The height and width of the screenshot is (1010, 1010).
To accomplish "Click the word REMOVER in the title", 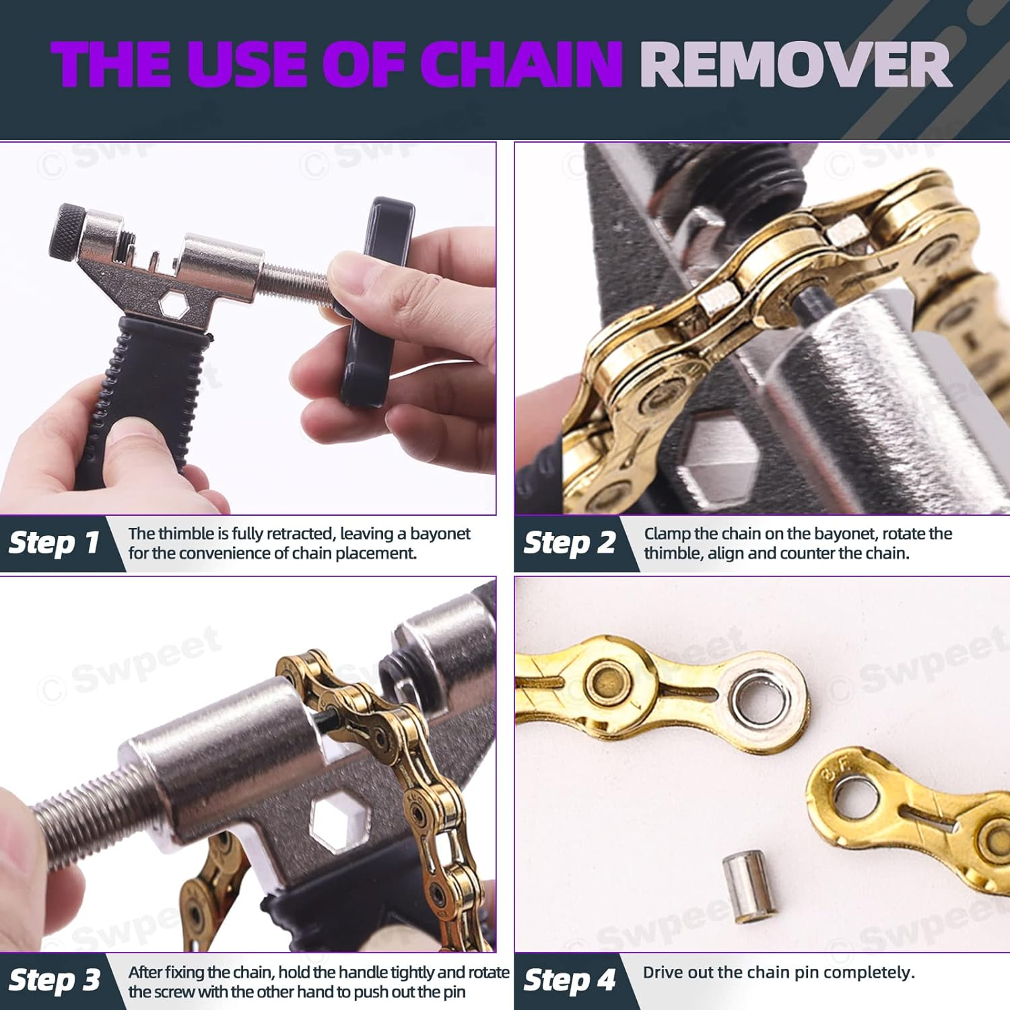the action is (x=795, y=65).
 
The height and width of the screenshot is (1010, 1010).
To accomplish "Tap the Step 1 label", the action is (x=54, y=543).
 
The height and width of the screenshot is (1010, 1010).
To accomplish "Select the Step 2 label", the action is (x=570, y=543).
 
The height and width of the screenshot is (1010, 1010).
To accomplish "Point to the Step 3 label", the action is (x=55, y=980).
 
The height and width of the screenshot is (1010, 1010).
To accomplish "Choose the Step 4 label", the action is (x=570, y=980).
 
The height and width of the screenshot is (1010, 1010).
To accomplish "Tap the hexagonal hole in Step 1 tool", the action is (x=173, y=305).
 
